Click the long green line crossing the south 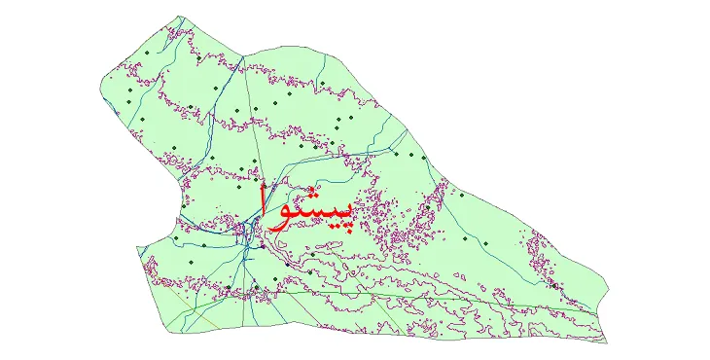click(389, 291)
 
